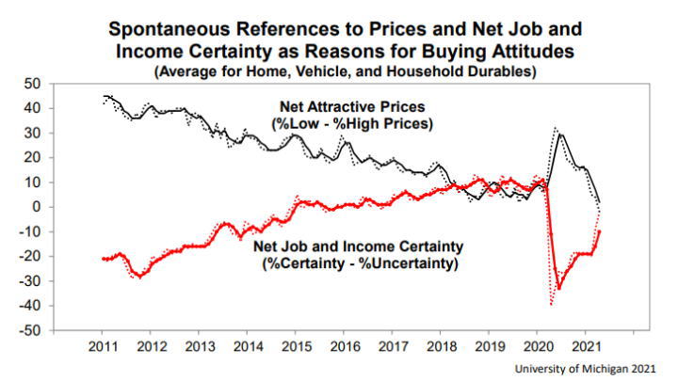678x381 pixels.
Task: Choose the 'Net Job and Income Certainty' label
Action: click(358, 247)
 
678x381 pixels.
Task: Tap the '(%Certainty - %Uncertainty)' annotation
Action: click(358, 264)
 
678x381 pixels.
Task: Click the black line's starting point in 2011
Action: click(104, 96)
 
